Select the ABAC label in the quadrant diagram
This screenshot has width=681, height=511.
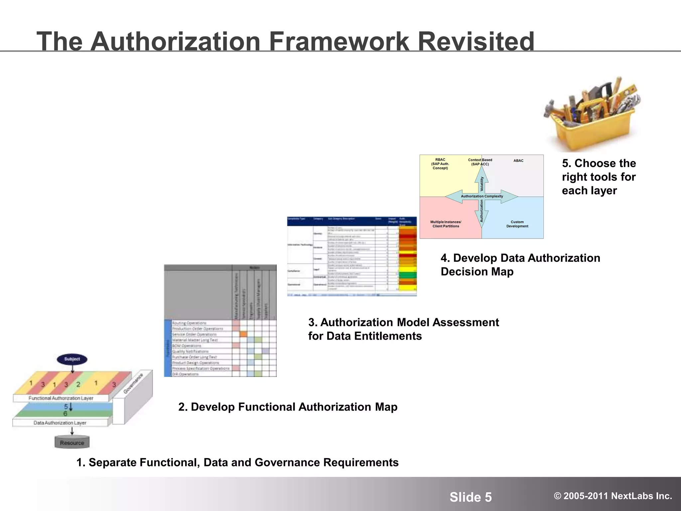[x=518, y=161]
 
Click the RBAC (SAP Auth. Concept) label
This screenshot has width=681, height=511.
[x=440, y=164]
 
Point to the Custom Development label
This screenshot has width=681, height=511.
[x=517, y=224]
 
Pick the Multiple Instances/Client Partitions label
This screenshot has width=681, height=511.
[x=446, y=224]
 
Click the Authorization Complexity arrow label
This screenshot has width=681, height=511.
[x=481, y=196]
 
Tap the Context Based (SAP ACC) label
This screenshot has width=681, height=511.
[x=480, y=162]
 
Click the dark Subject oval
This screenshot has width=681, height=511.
[x=72, y=359]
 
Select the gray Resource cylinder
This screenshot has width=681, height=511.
[x=72, y=442]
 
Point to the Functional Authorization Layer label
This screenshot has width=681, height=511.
[x=61, y=398]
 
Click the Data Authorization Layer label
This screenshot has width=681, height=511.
[x=60, y=423]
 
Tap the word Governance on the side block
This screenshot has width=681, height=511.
[x=133, y=384]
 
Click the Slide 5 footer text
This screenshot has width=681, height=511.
[x=471, y=497]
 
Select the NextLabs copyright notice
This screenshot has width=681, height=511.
[x=613, y=496]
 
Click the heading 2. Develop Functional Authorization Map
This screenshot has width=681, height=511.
[x=288, y=407]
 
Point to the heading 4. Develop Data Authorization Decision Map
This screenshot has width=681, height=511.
[x=520, y=264]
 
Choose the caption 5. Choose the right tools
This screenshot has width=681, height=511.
[x=599, y=177]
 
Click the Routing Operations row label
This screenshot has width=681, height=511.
[x=189, y=323]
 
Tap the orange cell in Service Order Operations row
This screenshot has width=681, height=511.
[x=243, y=334]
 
